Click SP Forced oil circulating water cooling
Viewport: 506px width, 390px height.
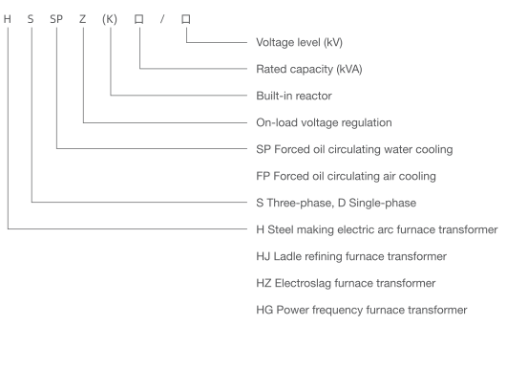pyautogui.click(x=354, y=149)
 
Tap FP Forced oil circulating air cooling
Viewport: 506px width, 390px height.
pyautogui.click(x=348, y=176)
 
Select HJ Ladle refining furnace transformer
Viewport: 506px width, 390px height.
pyautogui.click(x=351, y=256)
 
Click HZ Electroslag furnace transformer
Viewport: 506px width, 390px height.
pyautogui.click(x=345, y=284)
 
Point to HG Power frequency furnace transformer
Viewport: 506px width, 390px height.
pyautogui.click(x=361, y=311)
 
